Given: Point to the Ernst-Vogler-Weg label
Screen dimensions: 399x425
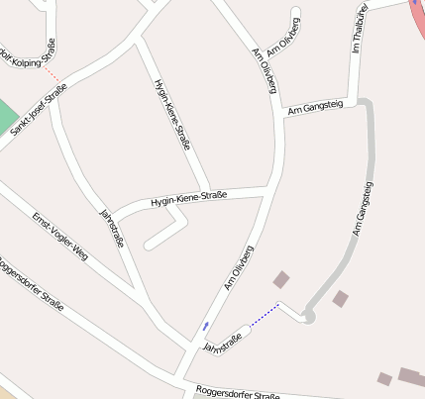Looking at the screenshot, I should (x=58, y=236).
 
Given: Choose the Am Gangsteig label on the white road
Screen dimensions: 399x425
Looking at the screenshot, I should (x=314, y=109).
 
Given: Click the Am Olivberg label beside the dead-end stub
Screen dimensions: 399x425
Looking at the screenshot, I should (x=288, y=33).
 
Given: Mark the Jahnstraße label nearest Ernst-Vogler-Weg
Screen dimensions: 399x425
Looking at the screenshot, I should (x=113, y=228).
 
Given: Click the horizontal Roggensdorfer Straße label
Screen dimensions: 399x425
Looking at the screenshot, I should (x=237, y=393).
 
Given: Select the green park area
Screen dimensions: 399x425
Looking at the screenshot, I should (x=7, y=115).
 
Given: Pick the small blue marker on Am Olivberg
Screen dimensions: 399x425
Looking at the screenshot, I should (x=205, y=325).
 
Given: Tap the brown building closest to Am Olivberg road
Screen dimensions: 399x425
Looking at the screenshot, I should (x=281, y=279).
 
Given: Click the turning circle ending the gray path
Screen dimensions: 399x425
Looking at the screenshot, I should (x=308, y=316).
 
